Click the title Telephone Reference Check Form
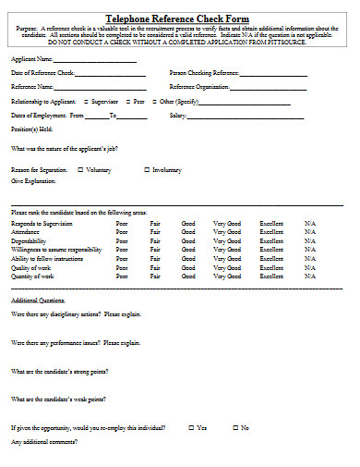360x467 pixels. pyautogui.click(x=179, y=18)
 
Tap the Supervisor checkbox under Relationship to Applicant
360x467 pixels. pyautogui.click(x=87, y=100)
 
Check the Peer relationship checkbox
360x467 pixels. pyautogui.click(x=127, y=100)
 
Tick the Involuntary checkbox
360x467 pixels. pyautogui.click(x=147, y=169)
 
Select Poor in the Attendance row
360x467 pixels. pyautogui.click(x=122, y=232)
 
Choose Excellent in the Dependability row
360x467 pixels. pyautogui.click(x=271, y=240)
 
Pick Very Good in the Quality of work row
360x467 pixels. pyautogui.click(x=226, y=267)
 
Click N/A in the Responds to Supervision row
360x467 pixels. pyautogui.click(x=309, y=224)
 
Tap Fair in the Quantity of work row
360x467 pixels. pyautogui.click(x=155, y=276)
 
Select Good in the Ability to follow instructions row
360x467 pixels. pyautogui.click(x=188, y=258)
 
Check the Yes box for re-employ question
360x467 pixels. pyautogui.click(x=191, y=428)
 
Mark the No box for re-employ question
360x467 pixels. pyautogui.click(x=234, y=428)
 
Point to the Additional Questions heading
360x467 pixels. pyautogui.click(x=38, y=301)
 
